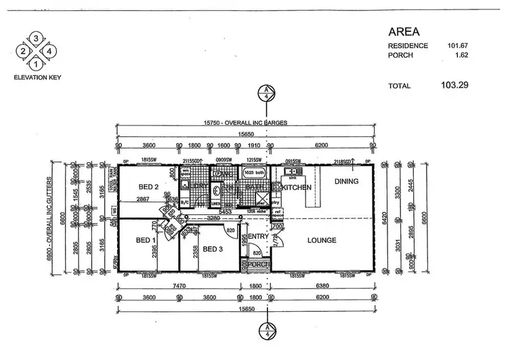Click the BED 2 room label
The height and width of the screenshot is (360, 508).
149,187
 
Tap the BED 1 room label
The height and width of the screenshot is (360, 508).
146,241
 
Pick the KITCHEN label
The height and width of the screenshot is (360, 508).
296,186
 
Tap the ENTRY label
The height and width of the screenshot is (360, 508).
258,236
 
